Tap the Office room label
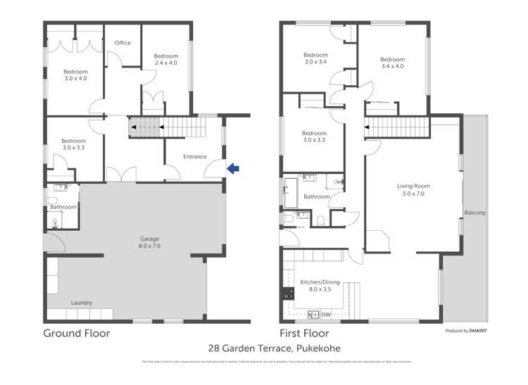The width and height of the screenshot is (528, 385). (x=122, y=43)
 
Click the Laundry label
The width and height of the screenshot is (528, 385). (x=81, y=303)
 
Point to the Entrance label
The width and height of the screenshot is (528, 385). (x=194, y=157)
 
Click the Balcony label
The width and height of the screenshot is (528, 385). (x=474, y=213)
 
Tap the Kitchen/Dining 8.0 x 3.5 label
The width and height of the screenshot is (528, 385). (x=320, y=285)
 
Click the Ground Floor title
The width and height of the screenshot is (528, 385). (x=77, y=333)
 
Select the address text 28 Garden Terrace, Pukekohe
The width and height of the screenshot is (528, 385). (x=263, y=348)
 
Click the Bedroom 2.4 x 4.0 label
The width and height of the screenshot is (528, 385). (x=166, y=60)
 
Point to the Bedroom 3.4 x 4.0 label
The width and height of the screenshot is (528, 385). (x=393, y=63)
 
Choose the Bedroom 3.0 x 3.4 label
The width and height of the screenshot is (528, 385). (x=315, y=58)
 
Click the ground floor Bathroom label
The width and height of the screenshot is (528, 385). (x=63, y=207)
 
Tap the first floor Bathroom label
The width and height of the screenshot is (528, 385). (x=315, y=196)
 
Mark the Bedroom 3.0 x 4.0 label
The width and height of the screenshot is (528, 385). (x=75, y=75)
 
